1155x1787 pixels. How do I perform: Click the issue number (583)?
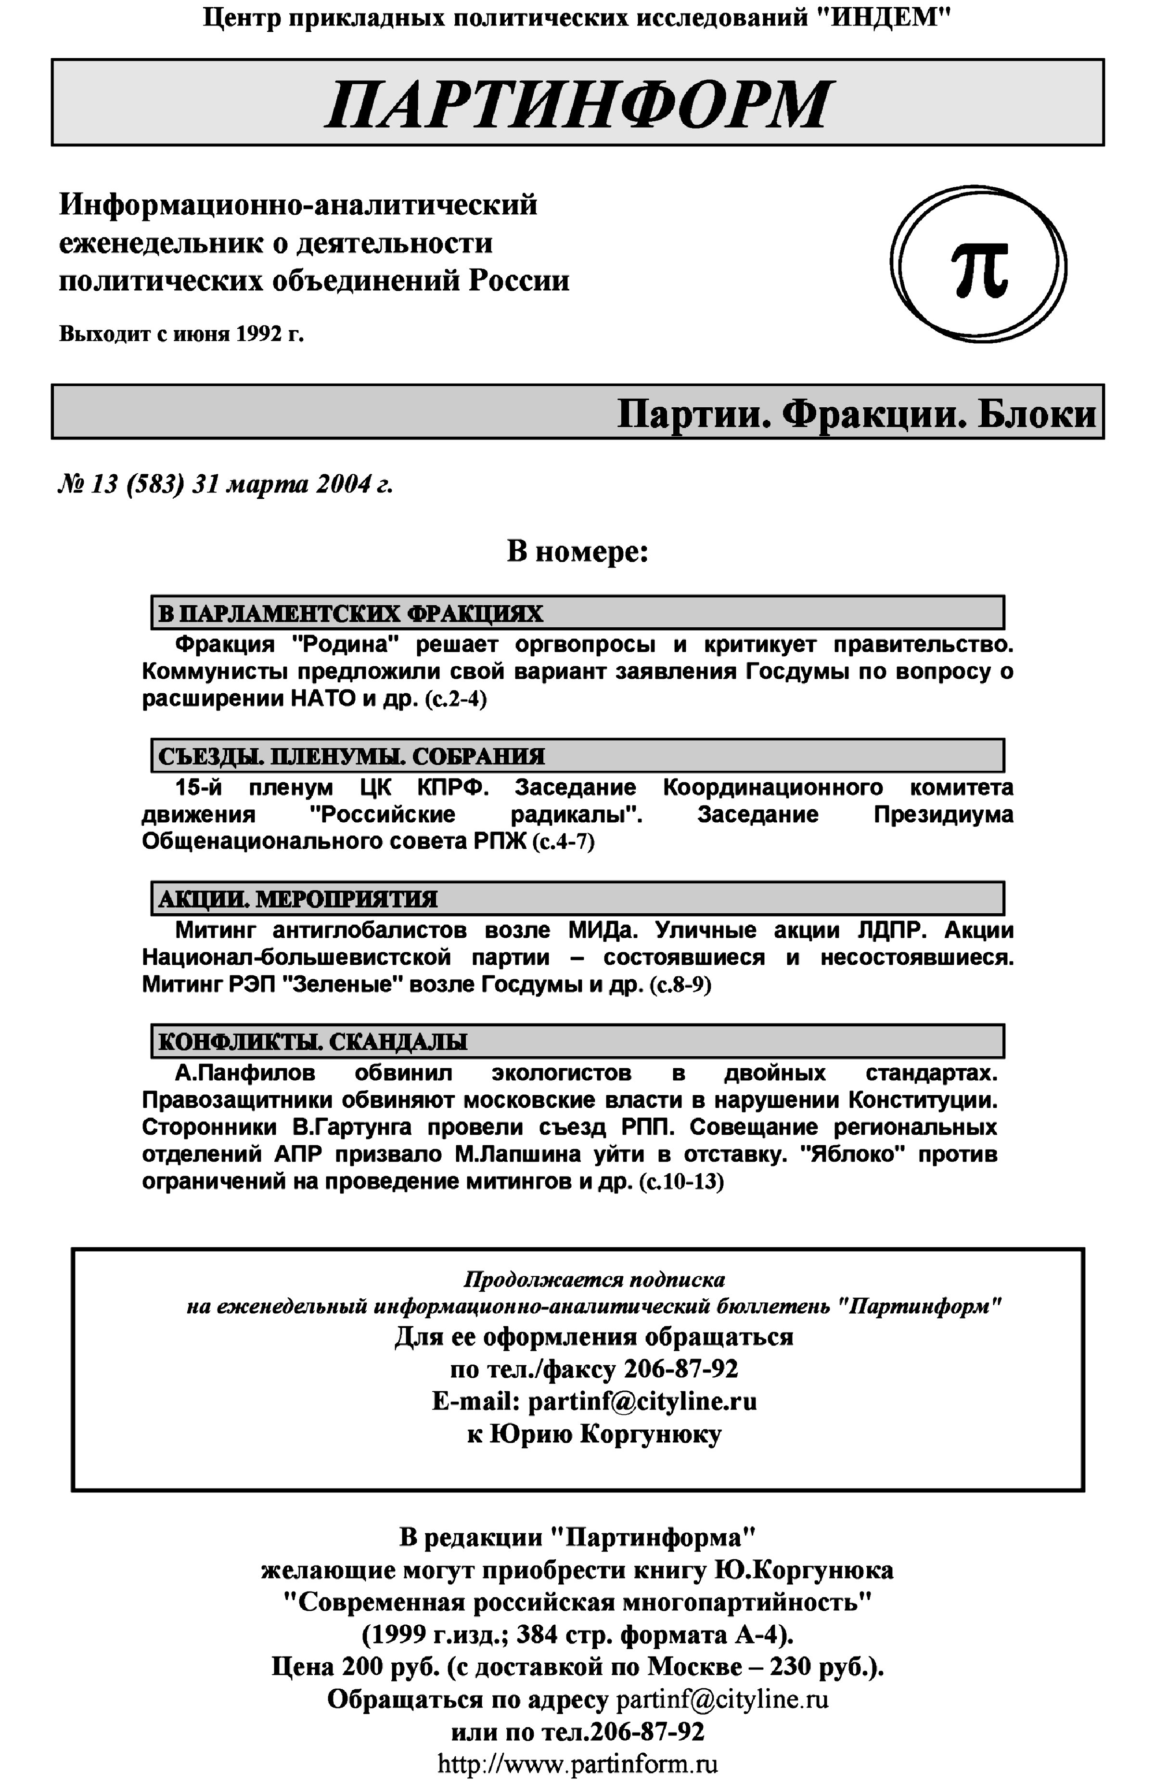point(155,485)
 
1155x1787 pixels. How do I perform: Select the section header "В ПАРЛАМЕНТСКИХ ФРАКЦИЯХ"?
point(350,614)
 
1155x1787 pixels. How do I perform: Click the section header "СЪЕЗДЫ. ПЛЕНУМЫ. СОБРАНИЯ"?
point(352,756)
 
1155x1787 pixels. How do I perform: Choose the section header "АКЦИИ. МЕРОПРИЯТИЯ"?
point(298,899)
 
